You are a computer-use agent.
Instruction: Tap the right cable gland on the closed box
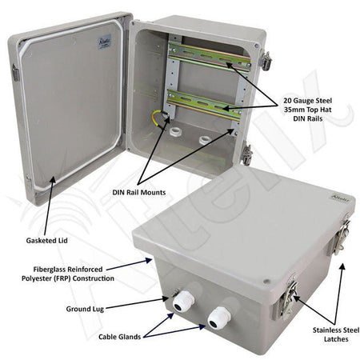point(218,318)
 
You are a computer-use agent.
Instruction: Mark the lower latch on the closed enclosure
point(289,298)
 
